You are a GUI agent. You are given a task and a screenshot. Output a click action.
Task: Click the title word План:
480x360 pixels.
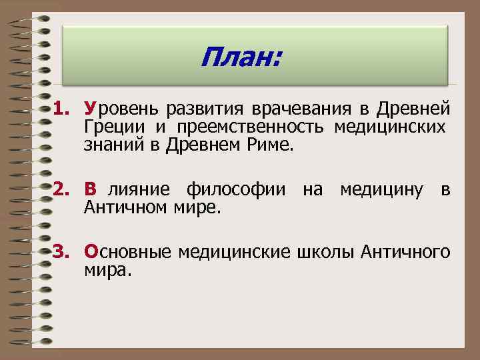tap(241, 61)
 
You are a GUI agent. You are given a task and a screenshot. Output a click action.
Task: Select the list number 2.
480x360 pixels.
tap(63, 191)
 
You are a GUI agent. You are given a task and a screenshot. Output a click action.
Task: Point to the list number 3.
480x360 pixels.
tap(63, 251)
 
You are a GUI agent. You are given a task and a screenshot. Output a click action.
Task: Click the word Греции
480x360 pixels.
tap(117, 126)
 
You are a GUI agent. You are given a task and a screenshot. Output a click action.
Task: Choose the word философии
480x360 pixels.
tap(238, 191)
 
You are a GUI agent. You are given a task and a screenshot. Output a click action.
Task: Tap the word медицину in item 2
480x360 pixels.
tap(381, 191)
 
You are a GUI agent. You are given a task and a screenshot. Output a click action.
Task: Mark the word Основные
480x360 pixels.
tap(127, 252)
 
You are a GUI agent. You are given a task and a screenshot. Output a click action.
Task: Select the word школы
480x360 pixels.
tap(324, 252)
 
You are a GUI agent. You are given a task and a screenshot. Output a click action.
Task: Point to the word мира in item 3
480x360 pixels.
tap(107, 270)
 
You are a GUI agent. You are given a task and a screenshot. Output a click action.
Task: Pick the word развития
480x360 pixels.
tap(205, 108)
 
